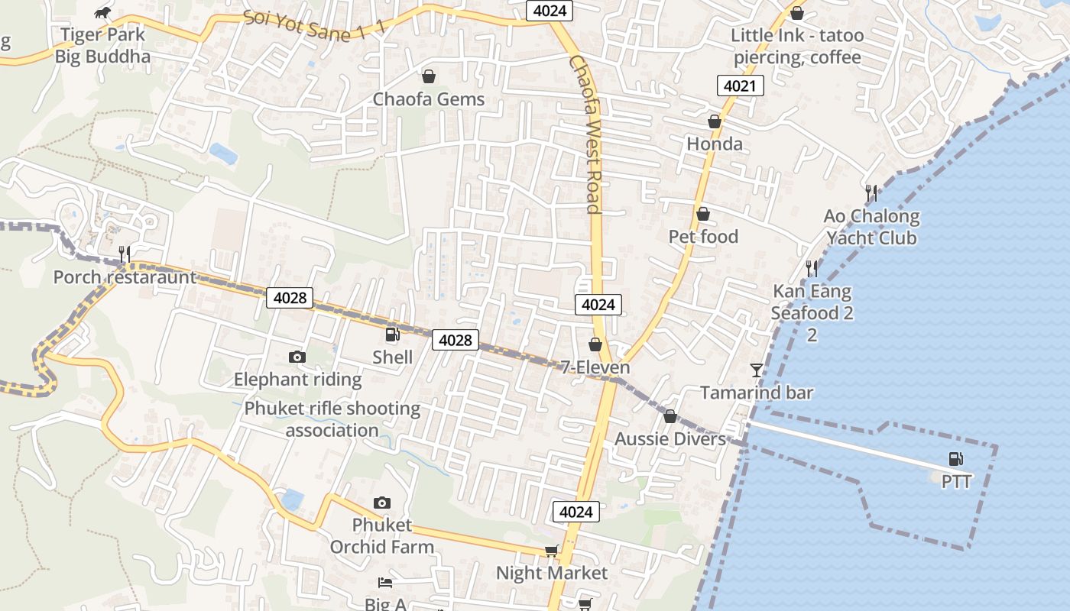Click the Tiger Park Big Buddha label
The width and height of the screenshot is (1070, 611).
(102, 46)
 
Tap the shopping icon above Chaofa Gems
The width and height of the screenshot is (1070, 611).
(429, 76)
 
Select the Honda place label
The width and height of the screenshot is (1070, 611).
(715, 144)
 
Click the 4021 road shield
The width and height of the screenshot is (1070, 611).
(741, 86)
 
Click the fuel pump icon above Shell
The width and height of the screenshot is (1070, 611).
(392, 335)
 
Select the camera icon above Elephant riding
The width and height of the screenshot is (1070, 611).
(297, 357)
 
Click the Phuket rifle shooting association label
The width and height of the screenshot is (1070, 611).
(332, 419)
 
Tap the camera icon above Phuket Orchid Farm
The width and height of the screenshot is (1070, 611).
(382, 503)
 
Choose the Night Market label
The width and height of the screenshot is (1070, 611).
(552, 573)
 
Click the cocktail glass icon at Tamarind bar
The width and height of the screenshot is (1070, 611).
(757, 370)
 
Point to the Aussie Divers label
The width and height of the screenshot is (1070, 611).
(670, 439)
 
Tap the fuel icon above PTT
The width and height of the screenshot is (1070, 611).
(955, 459)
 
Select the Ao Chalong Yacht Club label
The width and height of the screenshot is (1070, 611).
(871, 227)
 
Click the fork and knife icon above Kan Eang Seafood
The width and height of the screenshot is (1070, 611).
(812, 268)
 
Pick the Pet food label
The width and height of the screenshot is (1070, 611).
(703, 237)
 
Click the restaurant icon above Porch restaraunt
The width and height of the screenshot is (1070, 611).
(124, 254)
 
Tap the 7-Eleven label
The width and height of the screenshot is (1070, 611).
(595, 367)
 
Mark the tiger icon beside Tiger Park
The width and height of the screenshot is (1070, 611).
(102, 12)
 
